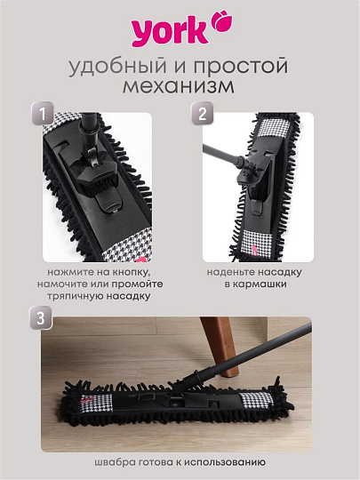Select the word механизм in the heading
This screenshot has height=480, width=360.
click(x=180, y=89)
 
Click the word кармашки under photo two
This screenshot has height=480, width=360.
click(x=258, y=285)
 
